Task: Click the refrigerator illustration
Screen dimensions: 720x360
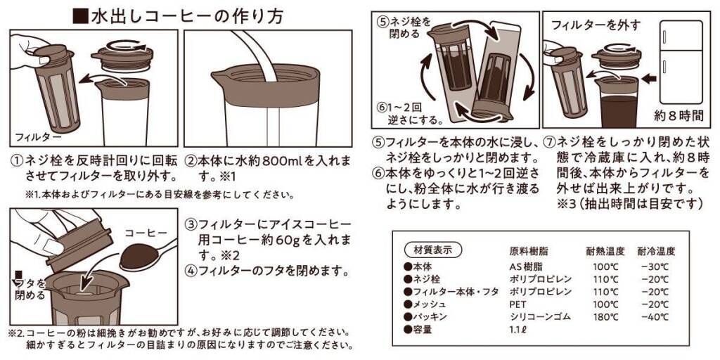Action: click(681, 62)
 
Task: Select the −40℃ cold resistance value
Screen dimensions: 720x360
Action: click(656, 317)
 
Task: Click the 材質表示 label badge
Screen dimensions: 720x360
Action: click(432, 250)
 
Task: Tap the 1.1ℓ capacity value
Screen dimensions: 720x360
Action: click(517, 329)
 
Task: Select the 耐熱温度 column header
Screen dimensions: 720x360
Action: click(605, 251)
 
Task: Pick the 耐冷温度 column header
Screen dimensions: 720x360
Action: click(656, 251)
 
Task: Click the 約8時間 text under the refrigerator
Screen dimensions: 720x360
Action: click(679, 116)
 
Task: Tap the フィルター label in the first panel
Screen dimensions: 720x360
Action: click(36, 137)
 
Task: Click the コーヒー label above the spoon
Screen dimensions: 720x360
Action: click(146, 233)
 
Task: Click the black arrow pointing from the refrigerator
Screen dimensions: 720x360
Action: click(648, 79)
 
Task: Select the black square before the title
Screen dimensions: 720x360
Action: click(81, 16)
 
